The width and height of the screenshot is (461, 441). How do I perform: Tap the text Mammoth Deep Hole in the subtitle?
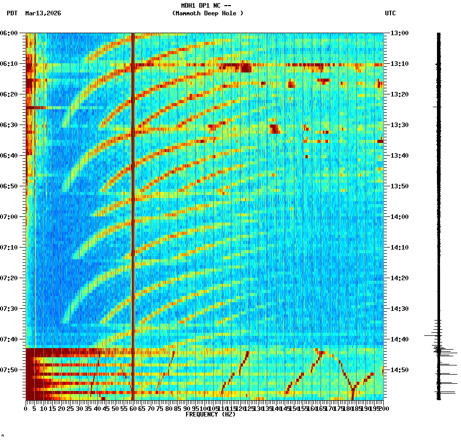tap(208, 13)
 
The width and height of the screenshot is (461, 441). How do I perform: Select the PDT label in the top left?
tap(12, 13)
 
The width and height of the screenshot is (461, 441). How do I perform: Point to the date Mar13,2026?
tap(43, 13)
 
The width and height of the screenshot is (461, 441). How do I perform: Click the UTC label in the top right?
tap(390, 13)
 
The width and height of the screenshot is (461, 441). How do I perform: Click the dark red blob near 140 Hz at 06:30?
tap(274, 128)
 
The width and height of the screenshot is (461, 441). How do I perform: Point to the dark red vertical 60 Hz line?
tap(133, 204)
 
